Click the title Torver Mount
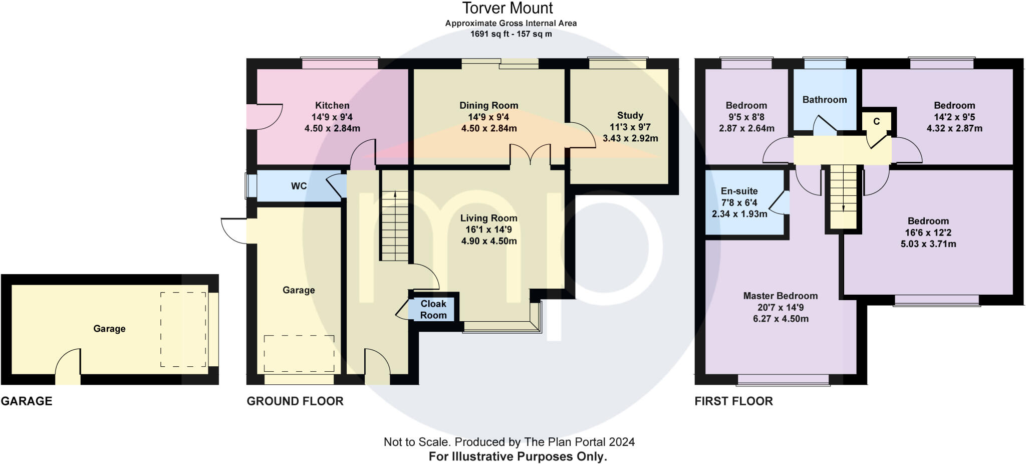pos(507,8)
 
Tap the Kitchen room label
pos(332,105)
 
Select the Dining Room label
pos(489,105)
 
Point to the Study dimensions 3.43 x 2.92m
pos(630,138)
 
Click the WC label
pos(299,186)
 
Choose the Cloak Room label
pos(433,309)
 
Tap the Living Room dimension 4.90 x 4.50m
pos(489,241)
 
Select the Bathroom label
pos(825,100)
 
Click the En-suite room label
pos(739,191)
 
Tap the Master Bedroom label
pos(781,296)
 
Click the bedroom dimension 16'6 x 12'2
pos(928,233)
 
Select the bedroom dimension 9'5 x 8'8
pos(746,117)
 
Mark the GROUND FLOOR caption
pos(295,401)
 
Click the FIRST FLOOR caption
pos(733,401)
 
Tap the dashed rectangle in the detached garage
pos(183,329)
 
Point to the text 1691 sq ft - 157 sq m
pos(511,34)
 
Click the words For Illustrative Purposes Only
pos(518,456)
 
